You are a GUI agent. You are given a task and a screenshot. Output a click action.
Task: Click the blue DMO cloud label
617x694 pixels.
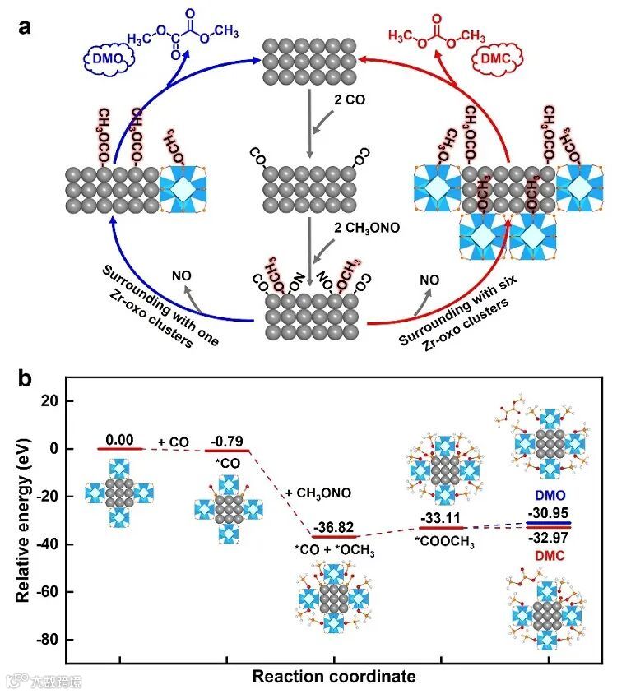pos(101,60)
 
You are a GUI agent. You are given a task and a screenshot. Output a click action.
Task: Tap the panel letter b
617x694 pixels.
pos(27,380)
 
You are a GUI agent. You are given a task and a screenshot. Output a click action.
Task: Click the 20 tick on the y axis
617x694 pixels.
pos(56,401)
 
